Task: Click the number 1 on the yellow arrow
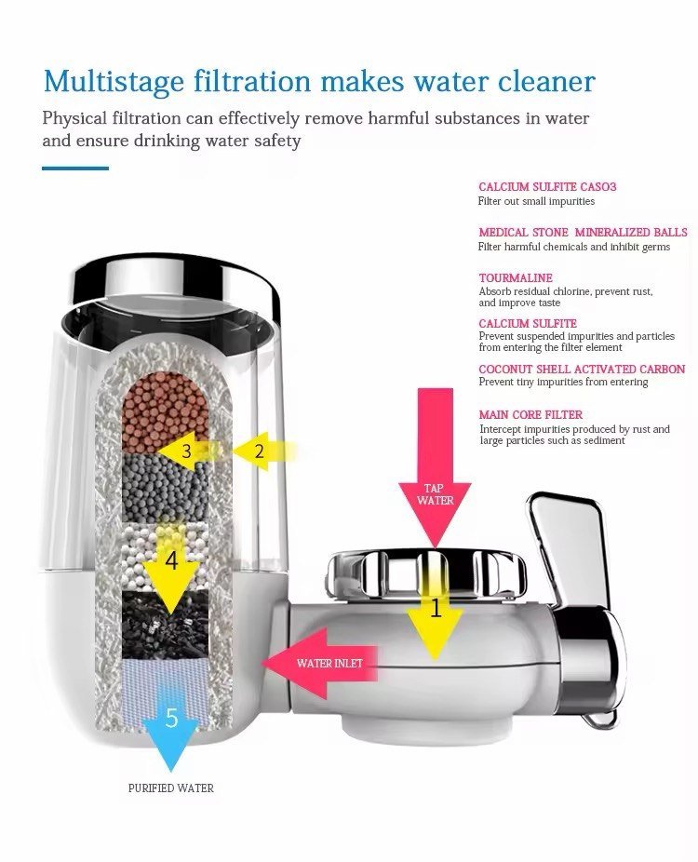(436, 609)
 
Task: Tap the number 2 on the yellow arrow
(260, 451)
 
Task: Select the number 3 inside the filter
(187, 451)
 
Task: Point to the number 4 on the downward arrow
(171, 561)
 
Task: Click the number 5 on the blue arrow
(172, 718)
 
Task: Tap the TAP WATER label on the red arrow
(435, 494)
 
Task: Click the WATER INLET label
(329, 664)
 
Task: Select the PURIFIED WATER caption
(171, 788)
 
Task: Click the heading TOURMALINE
(516, 277)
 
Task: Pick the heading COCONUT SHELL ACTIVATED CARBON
(582, 369)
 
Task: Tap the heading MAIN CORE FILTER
(530, 414)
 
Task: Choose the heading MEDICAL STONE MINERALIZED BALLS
(584, 232)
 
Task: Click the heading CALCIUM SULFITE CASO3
(547, 186)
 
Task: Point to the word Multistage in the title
(114, 81)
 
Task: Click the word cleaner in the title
(546, 81)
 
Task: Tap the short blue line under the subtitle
(75, 168)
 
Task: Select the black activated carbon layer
(165, 625)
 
